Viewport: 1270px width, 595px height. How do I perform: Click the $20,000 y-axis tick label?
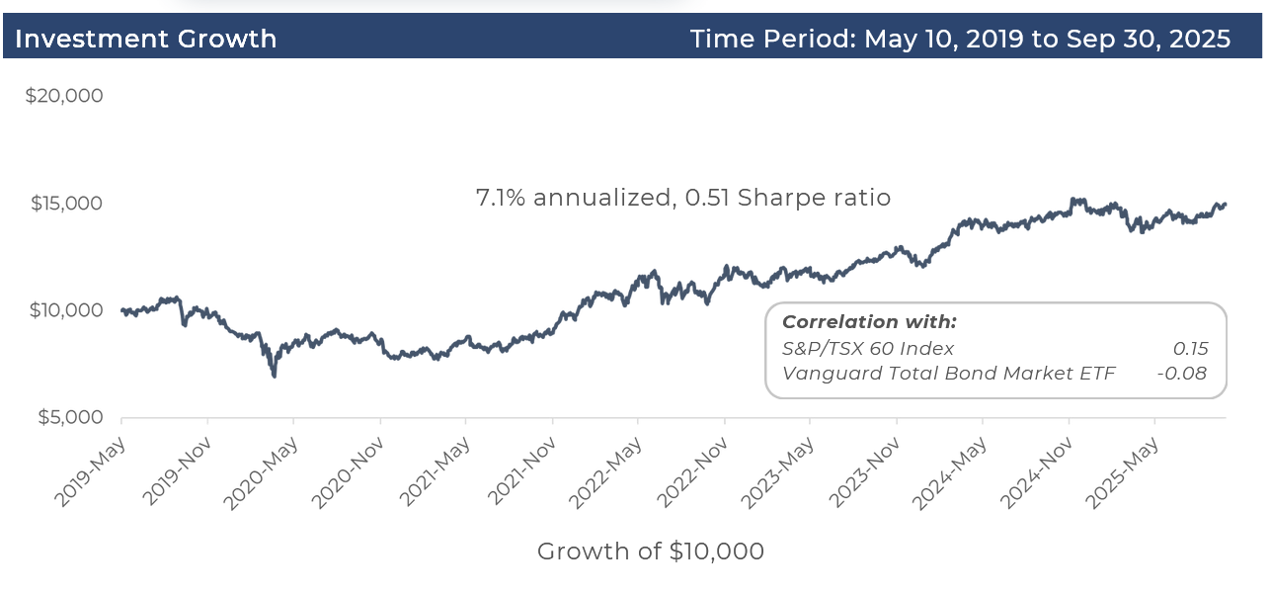[64, 96]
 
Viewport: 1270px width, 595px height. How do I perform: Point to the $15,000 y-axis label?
[66, 204]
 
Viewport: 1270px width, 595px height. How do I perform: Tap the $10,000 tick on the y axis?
[66, 310]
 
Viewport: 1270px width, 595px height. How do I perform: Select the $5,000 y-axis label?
[70, 417]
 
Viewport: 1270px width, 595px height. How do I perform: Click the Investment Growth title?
[145, 39]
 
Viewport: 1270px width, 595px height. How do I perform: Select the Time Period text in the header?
[960, 39]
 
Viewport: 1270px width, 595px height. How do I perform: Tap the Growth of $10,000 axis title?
[651, 552]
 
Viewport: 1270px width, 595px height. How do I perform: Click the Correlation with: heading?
[869, 322]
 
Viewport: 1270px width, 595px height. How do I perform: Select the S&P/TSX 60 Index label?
[868, 348]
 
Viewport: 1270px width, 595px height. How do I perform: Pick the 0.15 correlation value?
[1190, 348]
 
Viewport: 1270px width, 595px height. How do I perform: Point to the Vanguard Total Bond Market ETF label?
[949, 373]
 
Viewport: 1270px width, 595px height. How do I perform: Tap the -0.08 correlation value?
[1182, 373]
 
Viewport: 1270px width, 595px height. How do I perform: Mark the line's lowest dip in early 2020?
[274, 376]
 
